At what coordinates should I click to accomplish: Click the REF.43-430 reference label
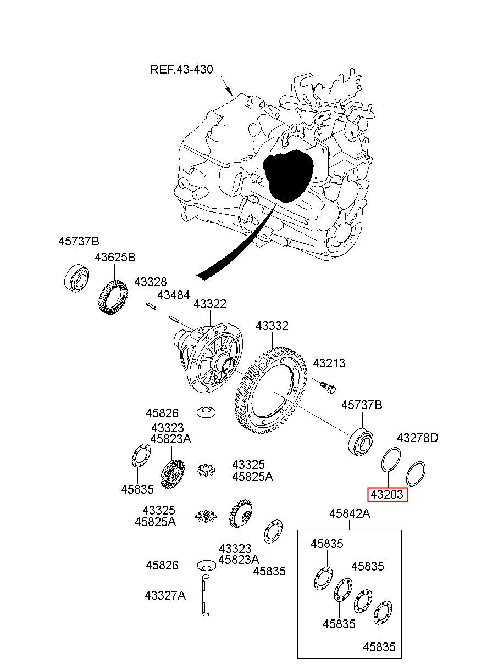[x=181, y=70]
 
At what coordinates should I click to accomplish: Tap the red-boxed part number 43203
[x=387, y=495]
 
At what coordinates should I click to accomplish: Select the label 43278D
[x=418, y=438]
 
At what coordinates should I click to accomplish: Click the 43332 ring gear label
[x=272, y=326]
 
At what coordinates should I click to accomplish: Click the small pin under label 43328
[x=151, y=306]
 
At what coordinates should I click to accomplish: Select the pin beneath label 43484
[x=174, y=319]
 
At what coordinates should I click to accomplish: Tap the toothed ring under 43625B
[x=113, y=298]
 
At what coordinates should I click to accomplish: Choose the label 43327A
[x=165, y=595]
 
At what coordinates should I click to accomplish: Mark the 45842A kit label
[x=350, y=514]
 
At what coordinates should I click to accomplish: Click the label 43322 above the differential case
[x=210, y=304]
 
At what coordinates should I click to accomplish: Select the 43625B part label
[x=115, y=257]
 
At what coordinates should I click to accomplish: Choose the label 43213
[x=329, y=363]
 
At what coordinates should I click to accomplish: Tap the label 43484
[x=173, y=295]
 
